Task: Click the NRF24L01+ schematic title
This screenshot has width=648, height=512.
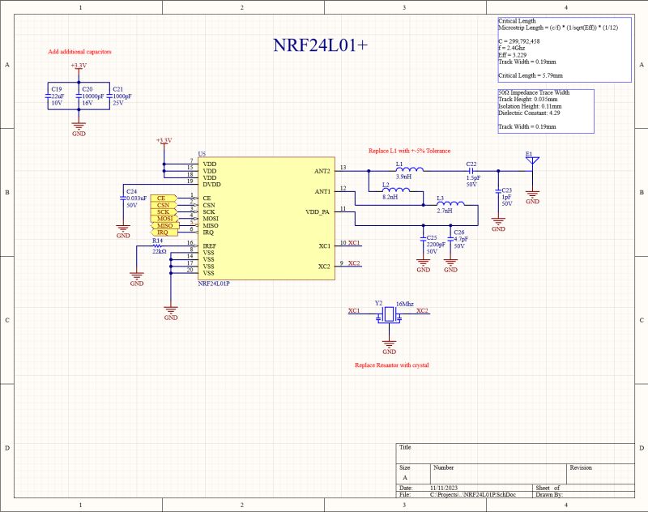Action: [x=320, y=45]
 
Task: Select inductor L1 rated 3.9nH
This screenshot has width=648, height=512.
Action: [x=403, y=170]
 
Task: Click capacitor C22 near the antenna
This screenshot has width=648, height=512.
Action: [x=471, y=170]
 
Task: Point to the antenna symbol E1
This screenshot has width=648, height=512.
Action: [x=532, y=160]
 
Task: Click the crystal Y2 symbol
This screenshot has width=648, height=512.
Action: [x=389, y=314]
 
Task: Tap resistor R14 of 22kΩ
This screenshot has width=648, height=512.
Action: [x=157, y=245]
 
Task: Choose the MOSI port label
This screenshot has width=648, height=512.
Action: [x=164, y=219]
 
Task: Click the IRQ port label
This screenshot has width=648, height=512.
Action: [x=164, y=233]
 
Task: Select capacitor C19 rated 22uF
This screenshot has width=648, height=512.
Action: [x=49, y=96]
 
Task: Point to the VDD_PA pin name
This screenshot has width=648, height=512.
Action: [x=318, y=211]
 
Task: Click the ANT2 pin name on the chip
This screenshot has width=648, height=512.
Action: [x=322, y=171]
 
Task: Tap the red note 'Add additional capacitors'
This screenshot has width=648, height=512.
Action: [x=79, y=52]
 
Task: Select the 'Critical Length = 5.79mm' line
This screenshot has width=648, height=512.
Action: [x=531, y=75]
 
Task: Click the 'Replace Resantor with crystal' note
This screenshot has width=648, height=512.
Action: [x=391, y=365]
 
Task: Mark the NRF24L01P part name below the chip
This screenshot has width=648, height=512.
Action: [x=215, y=284]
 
